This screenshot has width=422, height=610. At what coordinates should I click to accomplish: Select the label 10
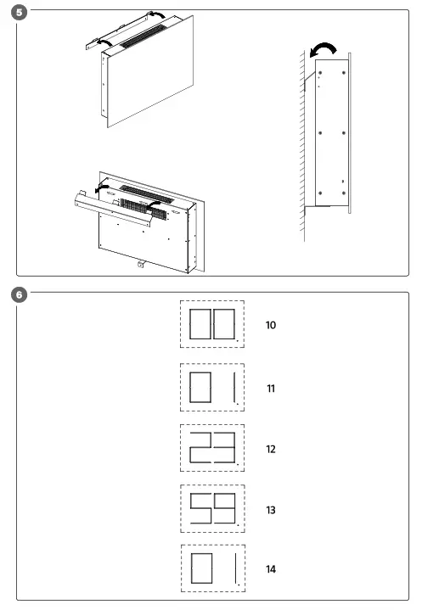271,325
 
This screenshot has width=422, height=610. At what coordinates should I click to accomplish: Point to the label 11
271,388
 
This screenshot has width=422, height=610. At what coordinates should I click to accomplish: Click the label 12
271,449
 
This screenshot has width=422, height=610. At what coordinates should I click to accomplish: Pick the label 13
271,510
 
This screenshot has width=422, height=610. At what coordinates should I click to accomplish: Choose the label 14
271,569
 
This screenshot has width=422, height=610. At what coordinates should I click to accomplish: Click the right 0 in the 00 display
225,325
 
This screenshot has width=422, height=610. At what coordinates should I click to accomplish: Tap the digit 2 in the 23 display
200,448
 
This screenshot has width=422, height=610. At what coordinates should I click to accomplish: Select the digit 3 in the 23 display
225,448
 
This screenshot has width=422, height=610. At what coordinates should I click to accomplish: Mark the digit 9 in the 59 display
225,509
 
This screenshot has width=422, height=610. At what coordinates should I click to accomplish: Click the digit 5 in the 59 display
200,509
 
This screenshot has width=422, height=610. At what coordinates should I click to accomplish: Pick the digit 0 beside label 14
200,569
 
